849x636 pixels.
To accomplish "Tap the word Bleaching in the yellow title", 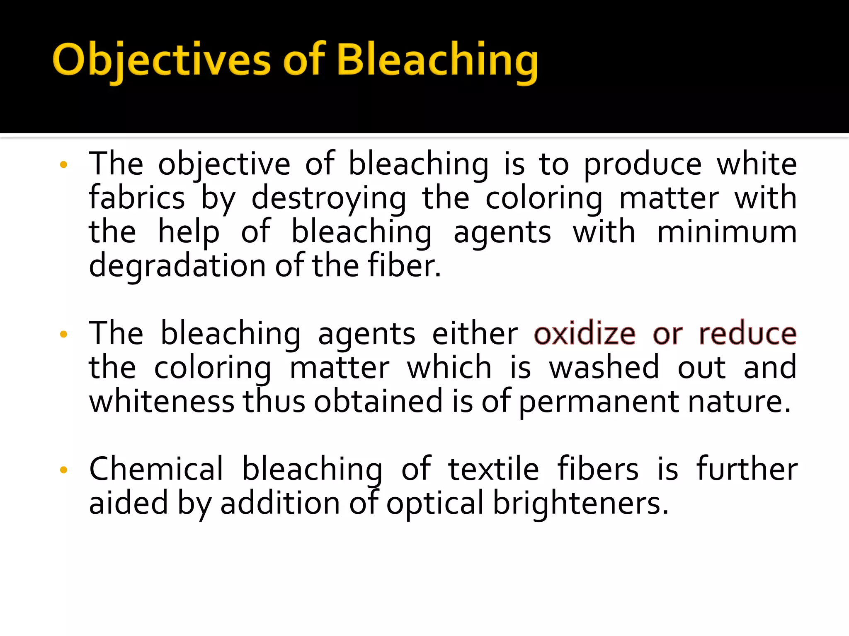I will (x=437, y=60).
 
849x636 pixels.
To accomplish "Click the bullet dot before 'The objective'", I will (x=63, y=165).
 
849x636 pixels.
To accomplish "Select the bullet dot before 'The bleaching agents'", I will (x=63, y=334).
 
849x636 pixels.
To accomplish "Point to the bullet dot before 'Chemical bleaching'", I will (x=63, y=470).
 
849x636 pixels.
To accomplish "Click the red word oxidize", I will (x=585, y=334).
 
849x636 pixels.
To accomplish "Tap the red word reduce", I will (x=747, y=334).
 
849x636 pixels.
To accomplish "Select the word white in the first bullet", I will (x=757, y=164).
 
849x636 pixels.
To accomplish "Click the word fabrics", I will (x=137, y=198).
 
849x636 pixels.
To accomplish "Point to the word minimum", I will (x=727, y=232).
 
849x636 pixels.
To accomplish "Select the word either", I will (x=475, y=334).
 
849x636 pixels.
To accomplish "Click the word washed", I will (x=604, y=368).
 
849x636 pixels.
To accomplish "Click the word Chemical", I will (x=156, y=469).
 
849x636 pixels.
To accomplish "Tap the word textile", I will (x=493, y=469).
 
